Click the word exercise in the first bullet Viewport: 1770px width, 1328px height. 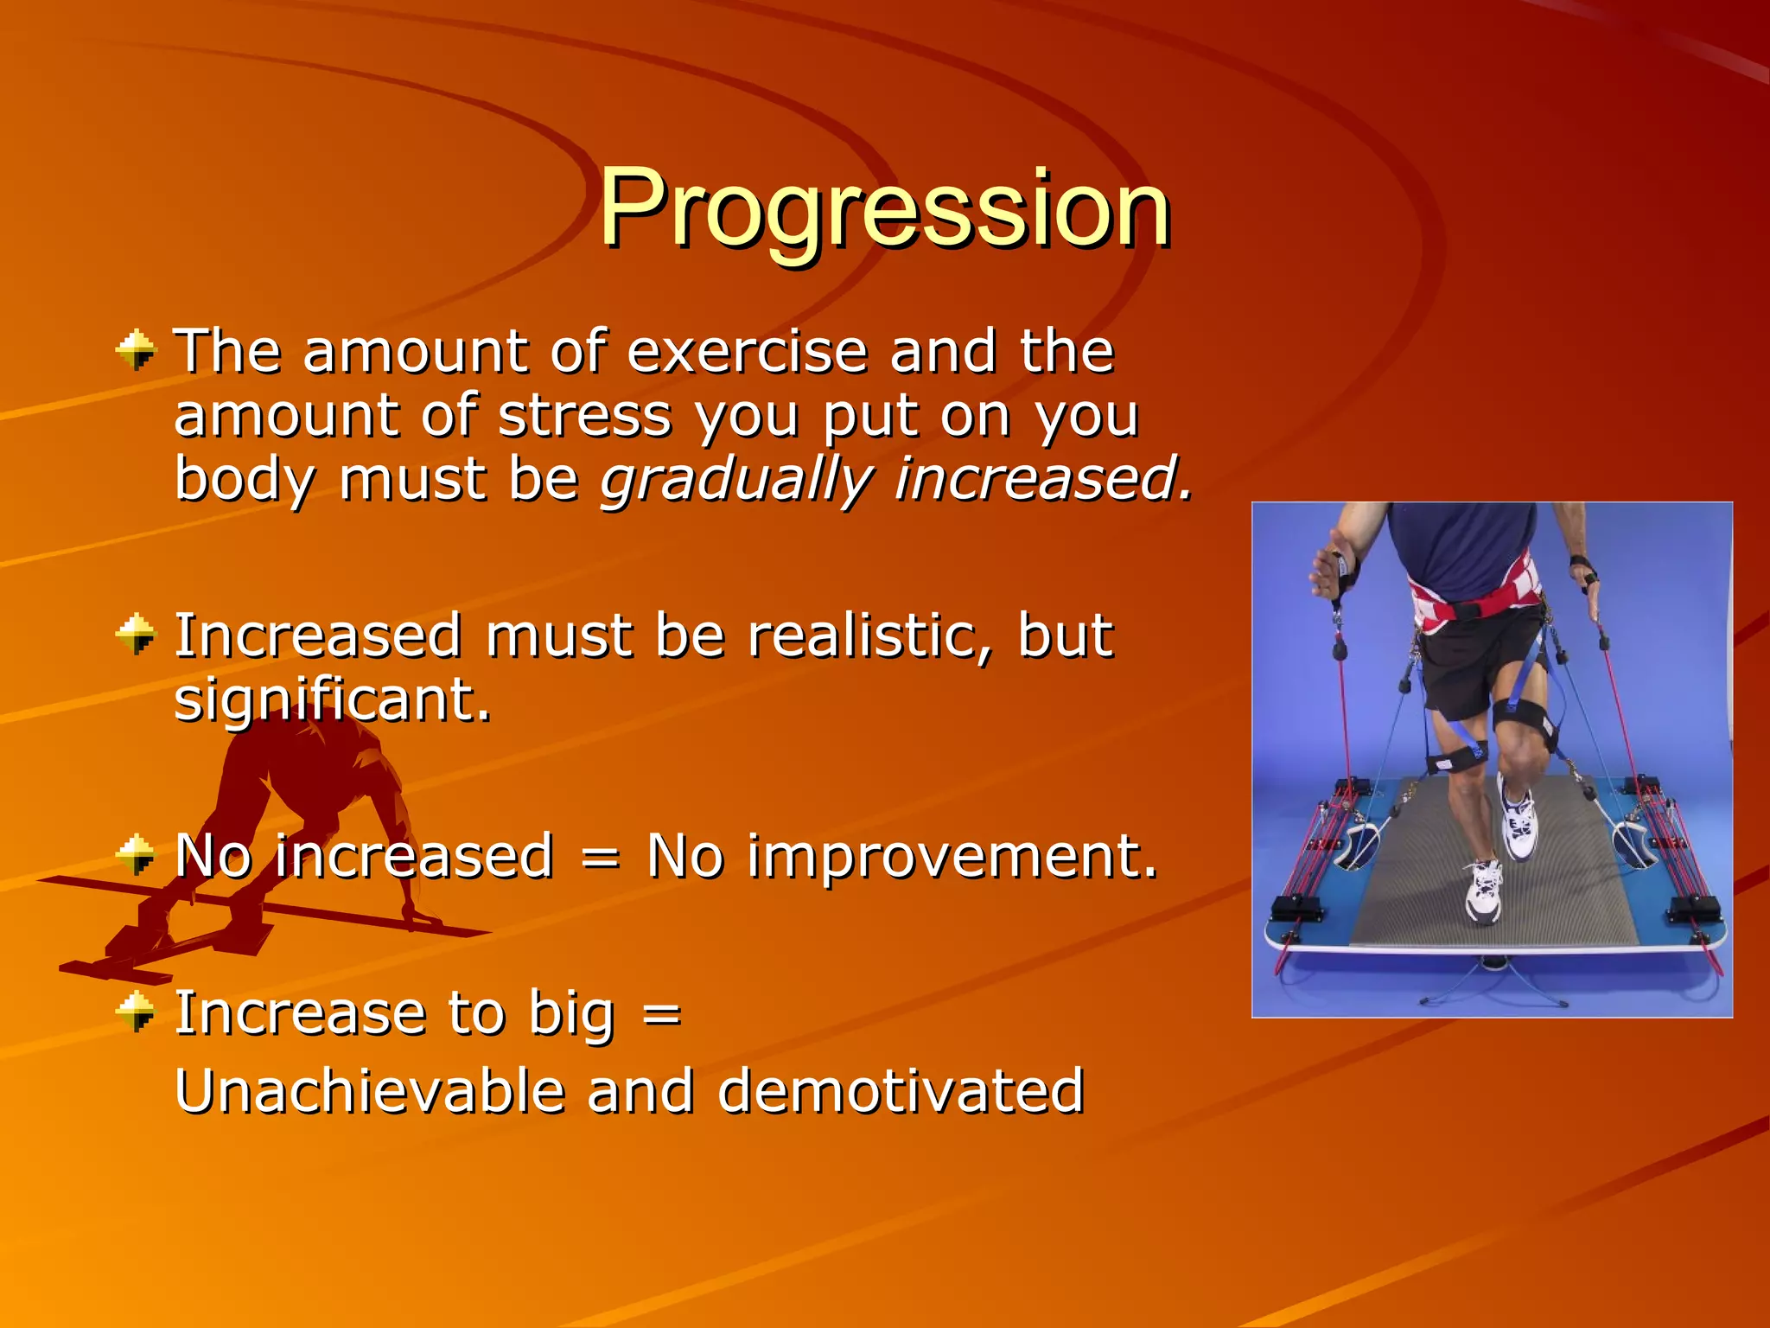[747, 352]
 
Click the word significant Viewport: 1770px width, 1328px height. [332, 699]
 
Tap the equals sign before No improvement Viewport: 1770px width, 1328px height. [600, 858]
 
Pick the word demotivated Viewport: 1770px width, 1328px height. [900, 1090]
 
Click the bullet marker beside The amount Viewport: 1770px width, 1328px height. [136, 351]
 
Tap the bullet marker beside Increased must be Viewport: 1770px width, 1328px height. [136, 635]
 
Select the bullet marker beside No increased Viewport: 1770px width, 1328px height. [136, 855]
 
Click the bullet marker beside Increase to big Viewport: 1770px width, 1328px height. [136, 1012]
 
